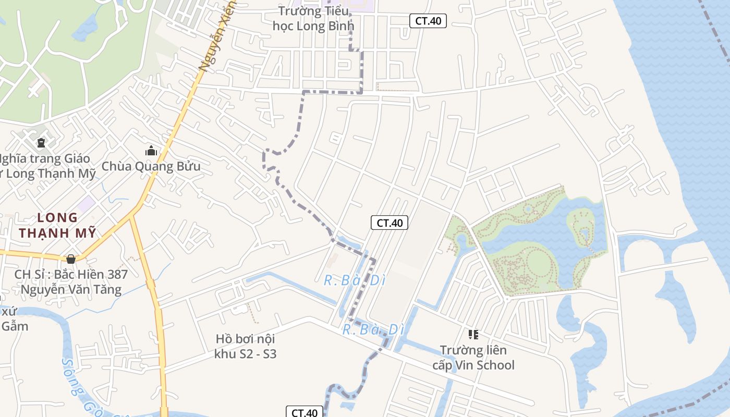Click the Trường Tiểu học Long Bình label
pos(313,18)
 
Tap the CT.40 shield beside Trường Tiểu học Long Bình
pos(428,21)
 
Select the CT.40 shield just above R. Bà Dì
pos(389,223)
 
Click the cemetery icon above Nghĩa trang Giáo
pos(41,142)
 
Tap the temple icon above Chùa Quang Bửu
pos(151,151)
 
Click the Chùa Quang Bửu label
pos(151,166)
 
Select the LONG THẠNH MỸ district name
pos(57,225)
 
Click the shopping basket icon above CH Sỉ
pos(71,259)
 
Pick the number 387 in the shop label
pos(117,274)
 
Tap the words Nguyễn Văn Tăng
pos(71,289)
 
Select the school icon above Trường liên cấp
pos(473,334)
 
